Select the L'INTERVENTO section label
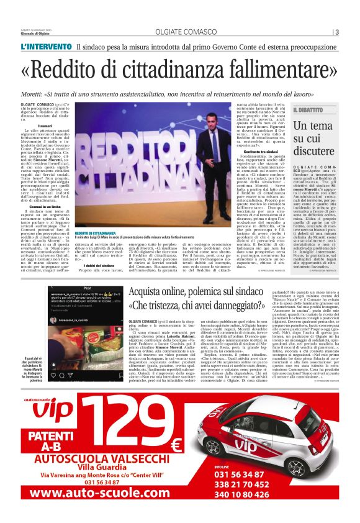click(44, 47)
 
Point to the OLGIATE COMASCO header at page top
click(179, 32)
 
